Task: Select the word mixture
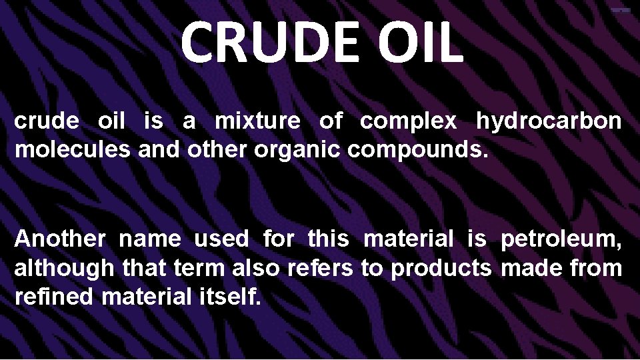(x=257, y=123)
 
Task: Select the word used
(x=222, y=239)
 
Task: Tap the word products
(x=441, y=270)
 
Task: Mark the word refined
(x=54, y=297)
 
